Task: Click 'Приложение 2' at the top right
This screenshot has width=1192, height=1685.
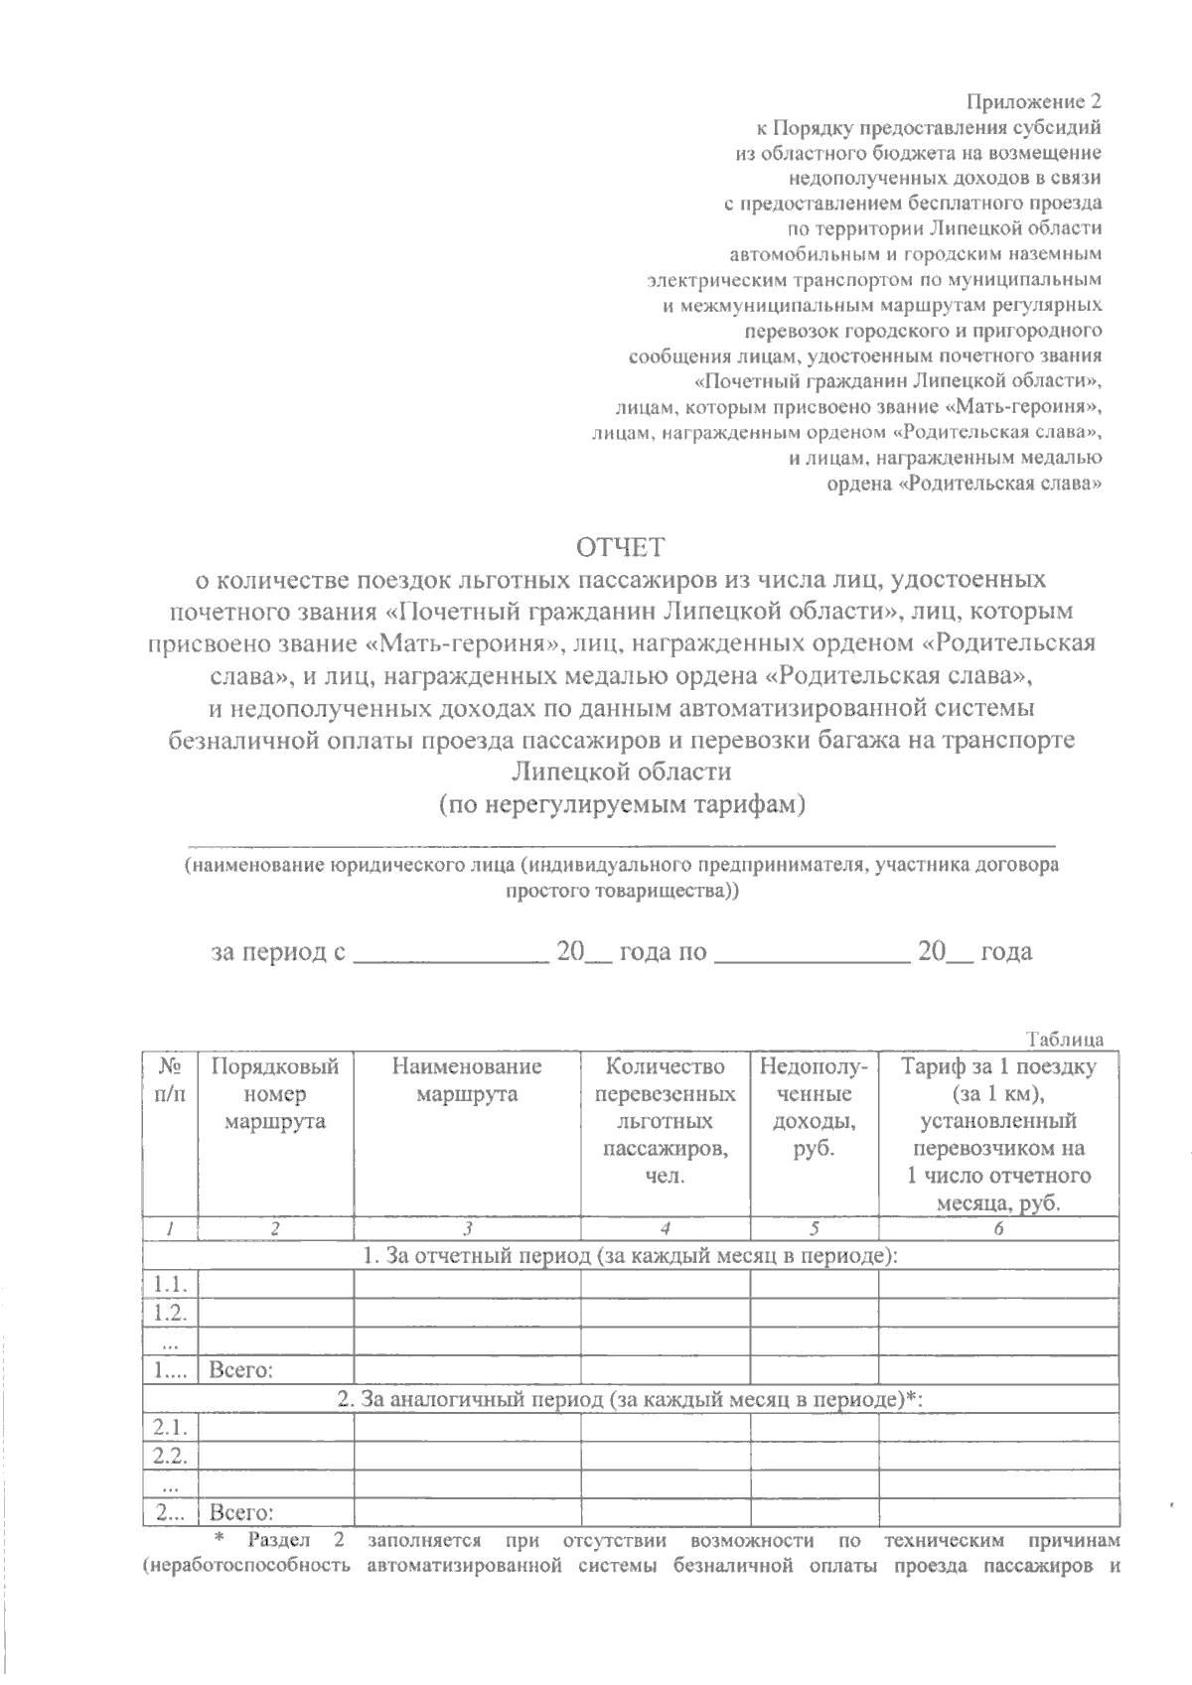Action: (1034, 101)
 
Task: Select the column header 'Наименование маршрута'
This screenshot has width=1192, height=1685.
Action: (467, 1081)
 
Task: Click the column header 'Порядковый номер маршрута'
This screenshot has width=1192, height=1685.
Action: (275, 1094)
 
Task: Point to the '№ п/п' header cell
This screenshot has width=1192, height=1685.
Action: (171, 1080)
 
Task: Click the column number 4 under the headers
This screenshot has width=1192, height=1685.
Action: (665, 1228)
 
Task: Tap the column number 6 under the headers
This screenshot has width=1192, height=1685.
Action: (998, 1228)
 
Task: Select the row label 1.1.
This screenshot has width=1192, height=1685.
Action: (171, 1284)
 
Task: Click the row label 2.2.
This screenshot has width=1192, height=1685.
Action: (171, 1457)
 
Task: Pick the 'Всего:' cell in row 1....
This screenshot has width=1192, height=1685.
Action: (241, 1370)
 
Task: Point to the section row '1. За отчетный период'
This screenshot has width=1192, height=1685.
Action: (630, 1256)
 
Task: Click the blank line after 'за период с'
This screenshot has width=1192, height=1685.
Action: (451, 955)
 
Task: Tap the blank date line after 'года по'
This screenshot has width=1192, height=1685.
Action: (812, 955)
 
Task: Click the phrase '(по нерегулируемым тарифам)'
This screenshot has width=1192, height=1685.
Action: (622, 804)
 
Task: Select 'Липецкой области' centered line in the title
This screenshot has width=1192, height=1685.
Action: (622, 772)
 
